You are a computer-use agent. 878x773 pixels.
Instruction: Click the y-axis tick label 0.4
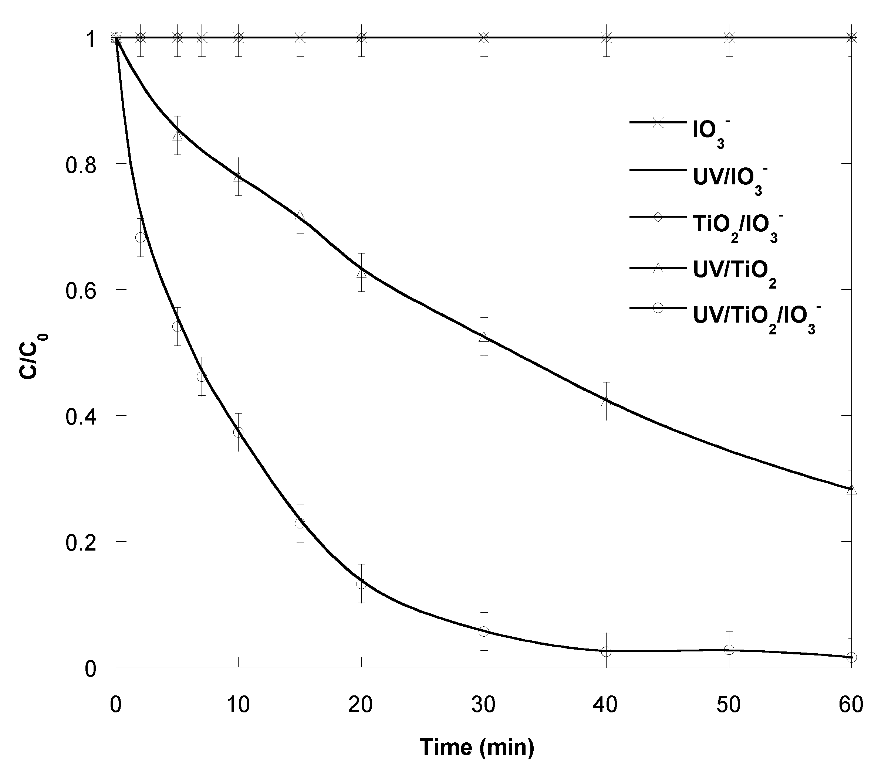click(80, 416)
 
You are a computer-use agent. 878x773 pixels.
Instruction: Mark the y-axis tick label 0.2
click(80, 542)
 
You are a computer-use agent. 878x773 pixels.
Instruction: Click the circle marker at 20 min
click(361, 584)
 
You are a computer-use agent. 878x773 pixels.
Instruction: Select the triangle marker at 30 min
click(484, 337)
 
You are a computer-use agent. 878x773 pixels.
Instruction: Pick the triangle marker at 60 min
click(852, 490)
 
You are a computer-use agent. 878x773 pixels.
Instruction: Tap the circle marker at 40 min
click(607, 651)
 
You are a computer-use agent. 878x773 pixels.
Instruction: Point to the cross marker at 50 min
click(729, 38)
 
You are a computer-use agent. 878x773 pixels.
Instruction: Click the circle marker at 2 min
click(141, 237)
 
